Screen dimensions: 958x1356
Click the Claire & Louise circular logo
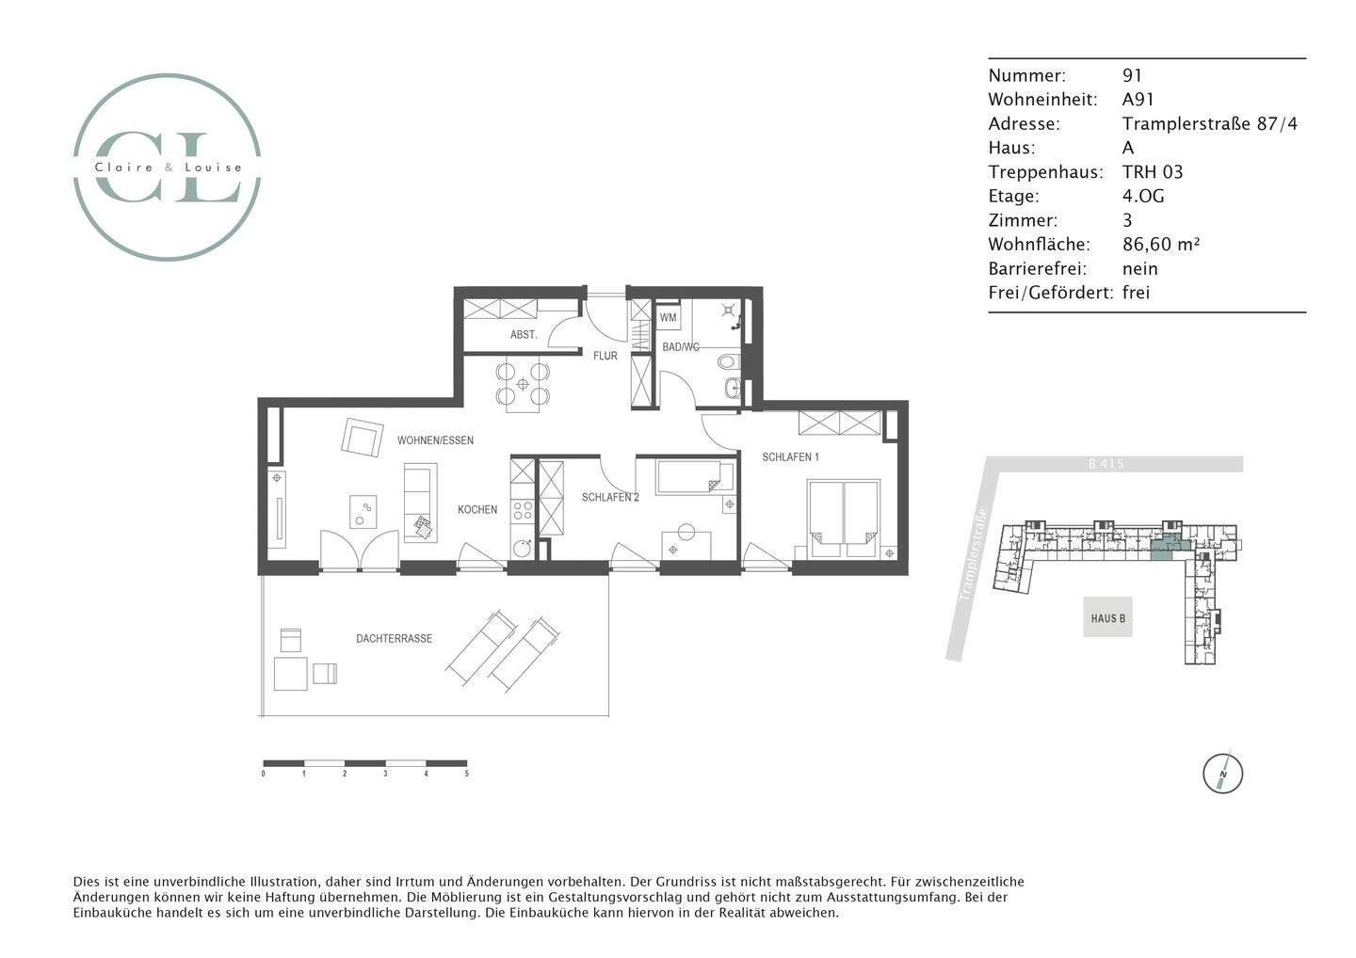[168, 167]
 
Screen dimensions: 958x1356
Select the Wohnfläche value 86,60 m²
[1160, 245]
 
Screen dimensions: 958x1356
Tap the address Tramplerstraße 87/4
[1209, 123]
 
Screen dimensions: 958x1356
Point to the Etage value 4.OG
[1143, 196]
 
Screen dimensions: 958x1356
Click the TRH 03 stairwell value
[1152, 171]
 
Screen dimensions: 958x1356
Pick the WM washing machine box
[668, 318]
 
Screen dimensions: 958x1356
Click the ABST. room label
[524, 335]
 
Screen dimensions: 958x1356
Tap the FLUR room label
[605, 356]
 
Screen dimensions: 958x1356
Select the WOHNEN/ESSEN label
[435, 440]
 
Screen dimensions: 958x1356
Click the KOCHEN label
[477, 510]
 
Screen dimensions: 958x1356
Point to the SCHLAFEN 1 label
[790, 457]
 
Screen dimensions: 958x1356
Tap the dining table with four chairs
[523, 384]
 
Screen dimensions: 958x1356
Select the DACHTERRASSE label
[394, 639]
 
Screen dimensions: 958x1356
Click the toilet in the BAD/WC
[729, 361]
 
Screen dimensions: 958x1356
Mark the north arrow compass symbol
[1222, 774]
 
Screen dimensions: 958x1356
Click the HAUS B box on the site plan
[1107, 618]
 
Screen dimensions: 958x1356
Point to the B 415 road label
[1105, 464]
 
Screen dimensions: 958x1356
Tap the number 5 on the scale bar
[466, 774]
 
